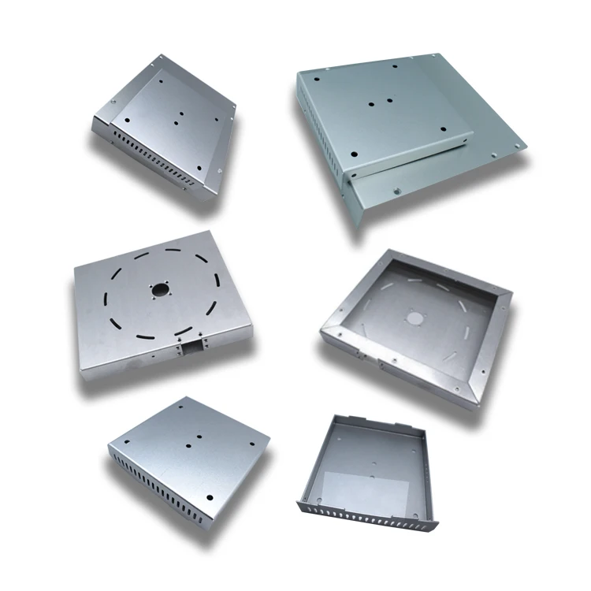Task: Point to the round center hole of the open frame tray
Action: [x=414, y=318]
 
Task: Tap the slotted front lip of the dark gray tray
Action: [x=366, y=516]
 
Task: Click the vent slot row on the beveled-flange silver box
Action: [x=154, y=157]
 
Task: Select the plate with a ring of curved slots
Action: [x=161, y=303]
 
